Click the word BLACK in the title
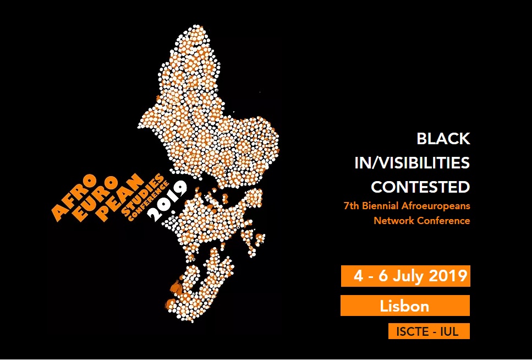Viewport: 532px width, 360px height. [x=443, y=139]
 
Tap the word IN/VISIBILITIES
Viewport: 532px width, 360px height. [x=412, y=163]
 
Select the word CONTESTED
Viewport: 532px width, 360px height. [x=420, y=187]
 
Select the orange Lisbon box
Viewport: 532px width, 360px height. [x=404, y=306]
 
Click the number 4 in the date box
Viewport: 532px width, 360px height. [x=358, y=276]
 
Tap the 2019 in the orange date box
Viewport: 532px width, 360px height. [x=447, y=276]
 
